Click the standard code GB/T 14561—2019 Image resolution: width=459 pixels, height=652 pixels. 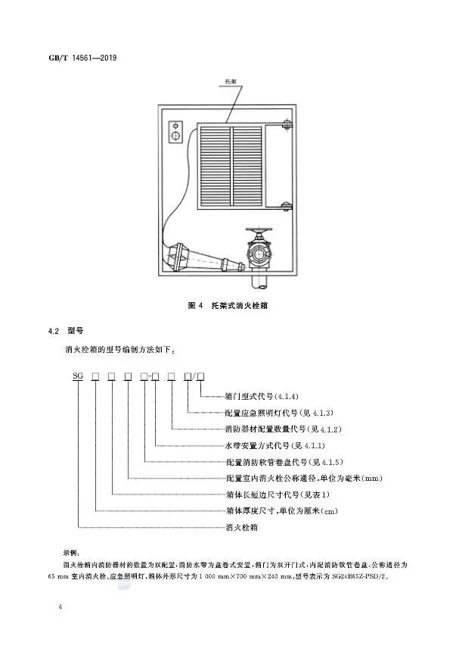(82, 58)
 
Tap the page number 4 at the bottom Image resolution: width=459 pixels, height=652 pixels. (60, 610)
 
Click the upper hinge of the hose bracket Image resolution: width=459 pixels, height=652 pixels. (287, 124)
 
